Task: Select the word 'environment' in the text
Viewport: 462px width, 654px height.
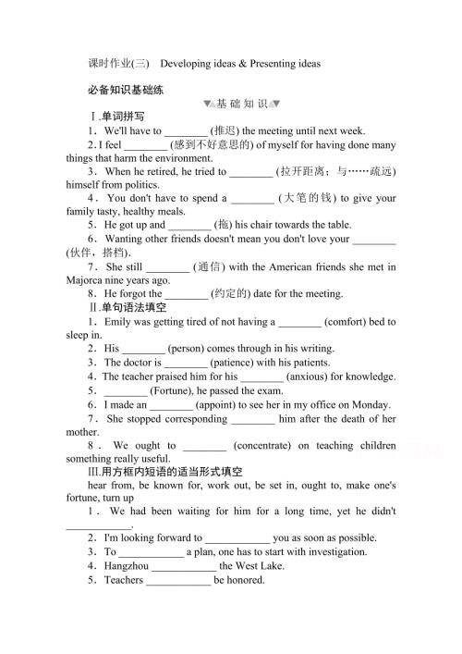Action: click(x=173, y=158)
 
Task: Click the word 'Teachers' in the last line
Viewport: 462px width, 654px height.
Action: click(x=123, y=580)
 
